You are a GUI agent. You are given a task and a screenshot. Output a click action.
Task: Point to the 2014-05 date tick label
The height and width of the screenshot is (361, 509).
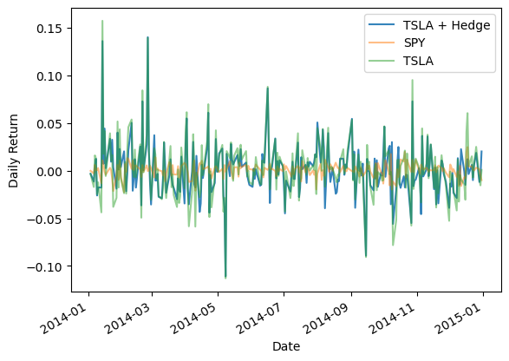coord(197,311)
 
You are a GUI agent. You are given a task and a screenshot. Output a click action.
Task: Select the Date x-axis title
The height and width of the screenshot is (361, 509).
coord(285,346)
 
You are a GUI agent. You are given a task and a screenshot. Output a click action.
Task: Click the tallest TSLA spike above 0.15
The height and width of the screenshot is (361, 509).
coord(102,21)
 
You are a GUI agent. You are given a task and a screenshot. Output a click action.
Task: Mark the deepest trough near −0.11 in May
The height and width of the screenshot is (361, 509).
coord(225,277)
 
